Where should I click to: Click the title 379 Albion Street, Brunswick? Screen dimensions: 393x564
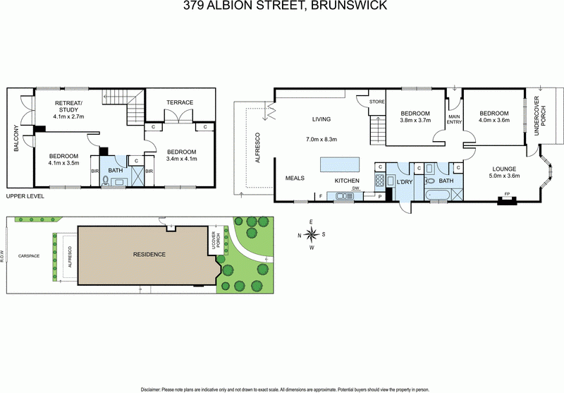coord(282,6)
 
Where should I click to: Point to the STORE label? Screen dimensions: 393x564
coord(376,103)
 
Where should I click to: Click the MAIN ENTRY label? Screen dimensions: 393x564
coord(454,121)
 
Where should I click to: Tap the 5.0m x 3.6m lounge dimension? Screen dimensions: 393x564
coord(501,176)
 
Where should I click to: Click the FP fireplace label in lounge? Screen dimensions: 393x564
coord(504,196)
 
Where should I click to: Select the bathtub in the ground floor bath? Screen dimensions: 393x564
coord(440,193)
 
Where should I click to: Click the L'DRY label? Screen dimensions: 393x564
coord(405,182)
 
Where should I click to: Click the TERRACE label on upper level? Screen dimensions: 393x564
coord(180,102)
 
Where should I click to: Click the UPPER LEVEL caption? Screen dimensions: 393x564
coord(25,198)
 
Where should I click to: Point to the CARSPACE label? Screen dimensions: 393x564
coord(29,255)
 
